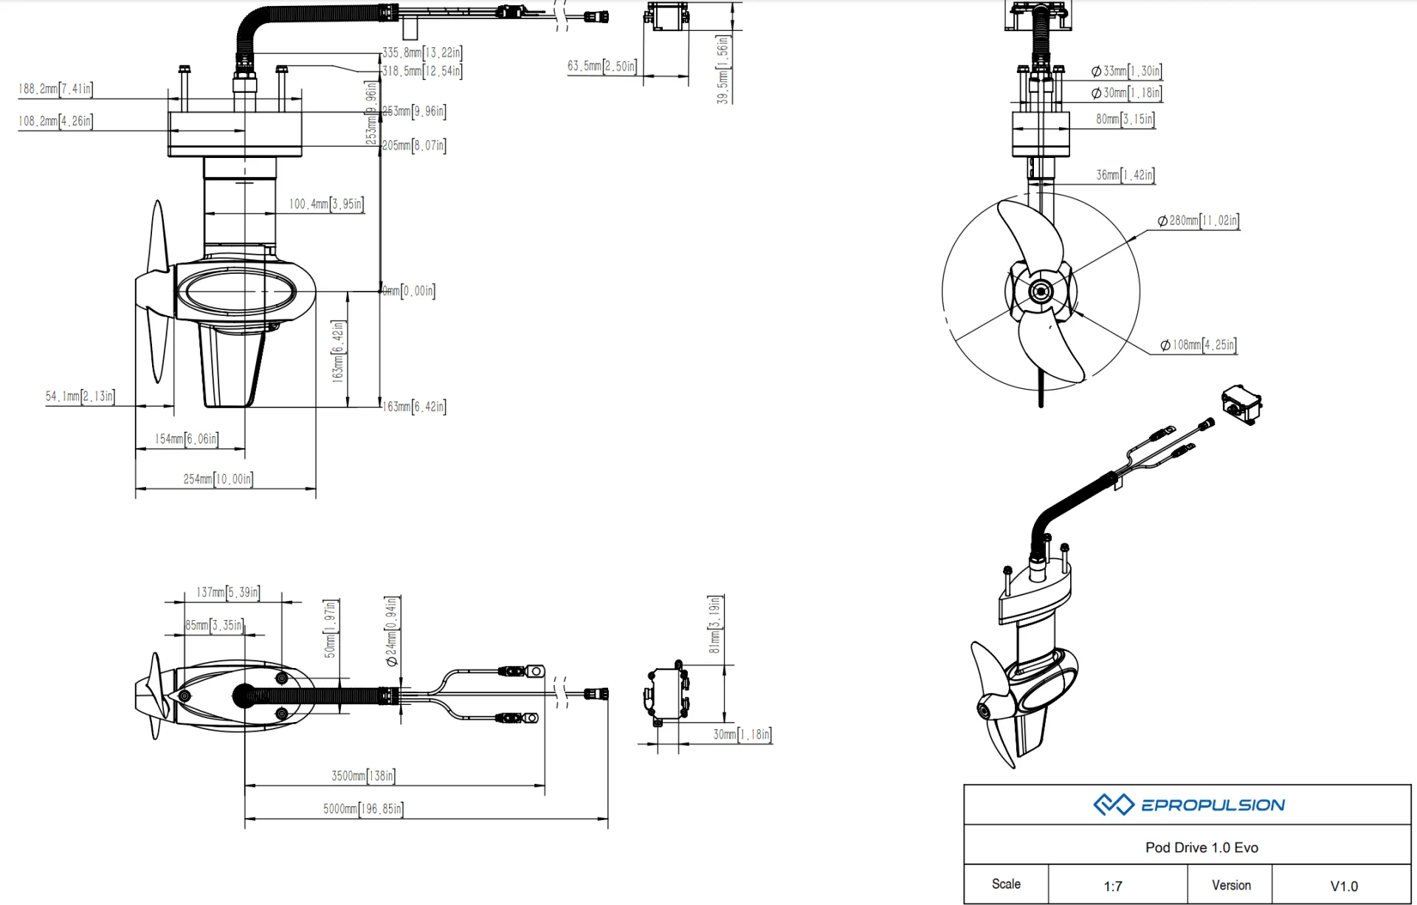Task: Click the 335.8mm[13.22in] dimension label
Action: (x=422, y=53)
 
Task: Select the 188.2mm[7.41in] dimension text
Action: (x=55, y=89)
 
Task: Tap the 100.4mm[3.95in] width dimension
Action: (x=326, y=204)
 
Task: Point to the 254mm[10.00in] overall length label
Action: (x=218, y=479)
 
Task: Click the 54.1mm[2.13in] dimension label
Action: (x=80, y=396)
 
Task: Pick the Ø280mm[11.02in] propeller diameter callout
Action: (x=1199, y=221)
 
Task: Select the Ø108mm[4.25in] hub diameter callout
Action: (x=1199, y=345)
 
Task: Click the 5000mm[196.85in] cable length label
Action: (x=363, y=809)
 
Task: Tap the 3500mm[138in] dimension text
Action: (x=363, y=776)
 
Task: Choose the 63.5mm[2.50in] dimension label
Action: (x=601, y=66)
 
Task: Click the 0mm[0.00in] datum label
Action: (x=408, y=291)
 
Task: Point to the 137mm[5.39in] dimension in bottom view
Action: (x=228, y=592)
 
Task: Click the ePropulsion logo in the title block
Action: (x=1189, y=805)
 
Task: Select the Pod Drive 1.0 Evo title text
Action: (x=1201, y=847)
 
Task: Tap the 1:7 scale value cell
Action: (x=1113, y=886)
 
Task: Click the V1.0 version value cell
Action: (x=1344, y=886)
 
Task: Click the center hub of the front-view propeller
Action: (x=1041, y=292)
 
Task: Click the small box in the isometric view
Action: (x=1241, y=404)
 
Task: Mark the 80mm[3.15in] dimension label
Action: (x=1125, y=120)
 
